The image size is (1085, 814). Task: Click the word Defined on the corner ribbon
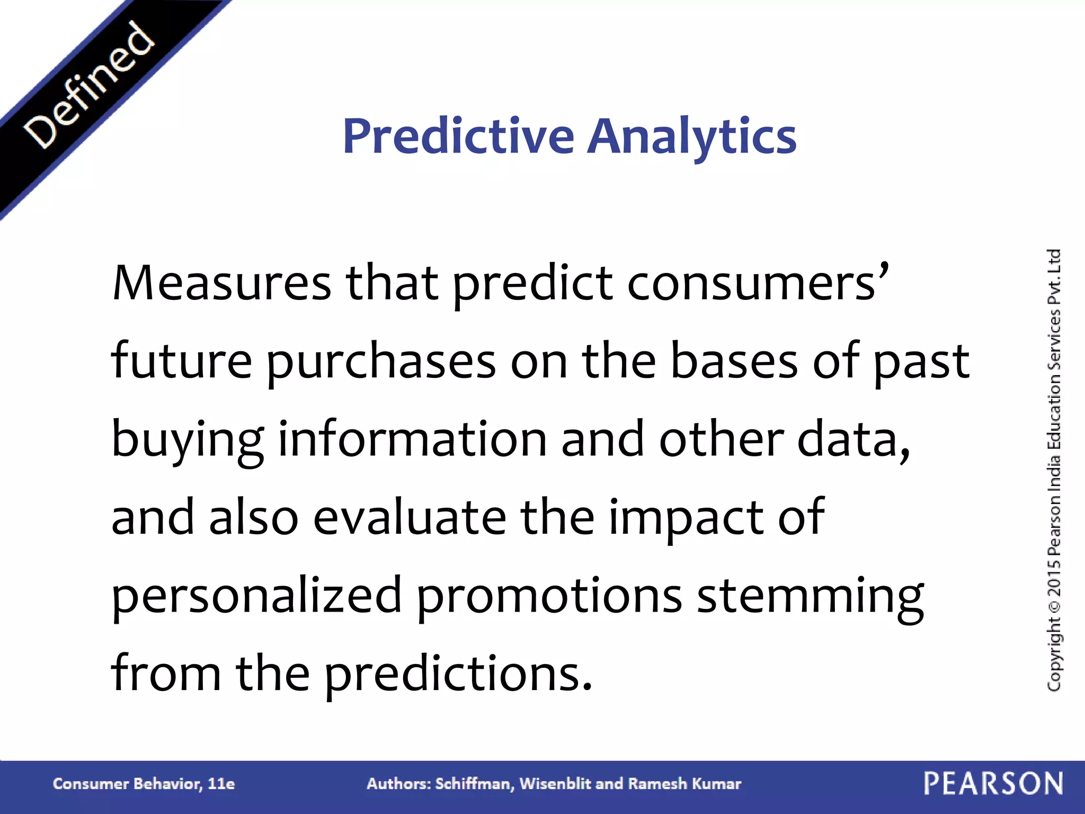pos(89,85)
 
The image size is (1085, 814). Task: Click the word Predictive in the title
pos(458,136)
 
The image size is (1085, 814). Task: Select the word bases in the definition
pos(734,361)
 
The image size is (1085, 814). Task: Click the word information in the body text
pos(412,440)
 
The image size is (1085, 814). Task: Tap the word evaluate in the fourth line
pos(410,518)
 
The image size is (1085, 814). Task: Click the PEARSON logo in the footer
pos(993,784)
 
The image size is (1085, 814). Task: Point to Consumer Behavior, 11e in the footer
pos(144,784)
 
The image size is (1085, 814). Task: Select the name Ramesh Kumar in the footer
pos(684,784)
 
